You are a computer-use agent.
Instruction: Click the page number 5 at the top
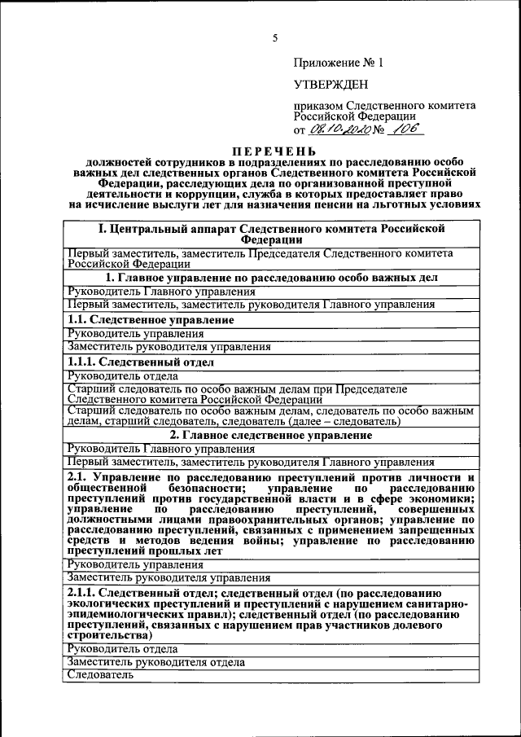click(275, 38)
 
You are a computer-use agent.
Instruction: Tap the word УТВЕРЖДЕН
click(331, 84)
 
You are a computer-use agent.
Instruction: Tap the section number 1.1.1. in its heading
click(82, 362)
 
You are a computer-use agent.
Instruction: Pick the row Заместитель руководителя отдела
click(155, 662)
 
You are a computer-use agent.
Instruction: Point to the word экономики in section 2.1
click(441, 499)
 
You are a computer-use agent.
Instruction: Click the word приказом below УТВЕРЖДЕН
click(318, 106)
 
